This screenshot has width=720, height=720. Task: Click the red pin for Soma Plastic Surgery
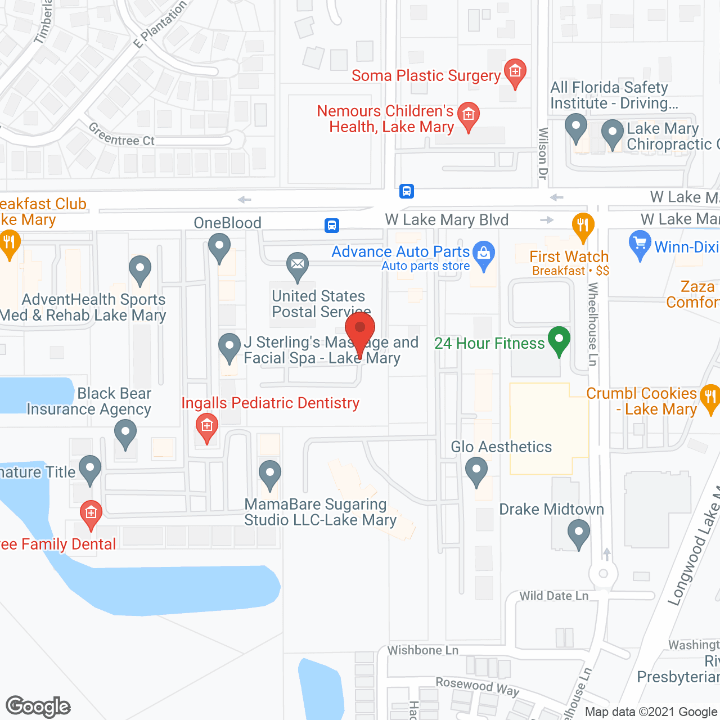tap(515, 72)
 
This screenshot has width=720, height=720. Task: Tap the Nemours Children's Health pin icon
tap(468, 115)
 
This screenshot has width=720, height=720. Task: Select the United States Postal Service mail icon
tap(298, 264)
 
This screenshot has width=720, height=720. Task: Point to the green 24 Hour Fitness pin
tap(559, 340)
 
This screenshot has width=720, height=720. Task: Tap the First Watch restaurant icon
tap(583, 226)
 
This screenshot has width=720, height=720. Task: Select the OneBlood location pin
tap(219, 246)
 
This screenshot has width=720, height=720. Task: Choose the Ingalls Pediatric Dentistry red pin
tap(207, 426)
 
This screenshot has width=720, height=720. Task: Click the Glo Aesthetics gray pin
tap(476, 469)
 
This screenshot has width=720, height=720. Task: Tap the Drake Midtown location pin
tap(579, 532)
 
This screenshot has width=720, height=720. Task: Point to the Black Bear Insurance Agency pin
tap(125, 433)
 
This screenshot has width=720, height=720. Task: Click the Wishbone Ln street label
tap(423, 650)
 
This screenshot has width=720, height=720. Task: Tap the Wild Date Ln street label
tap(553, 596)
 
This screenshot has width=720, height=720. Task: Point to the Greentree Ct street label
tap(121, 136)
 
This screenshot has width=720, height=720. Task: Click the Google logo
tap(38, 706)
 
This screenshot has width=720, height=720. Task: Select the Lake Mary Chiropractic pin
tap(613, 133)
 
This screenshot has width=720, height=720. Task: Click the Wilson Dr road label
tap(543, 154)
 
